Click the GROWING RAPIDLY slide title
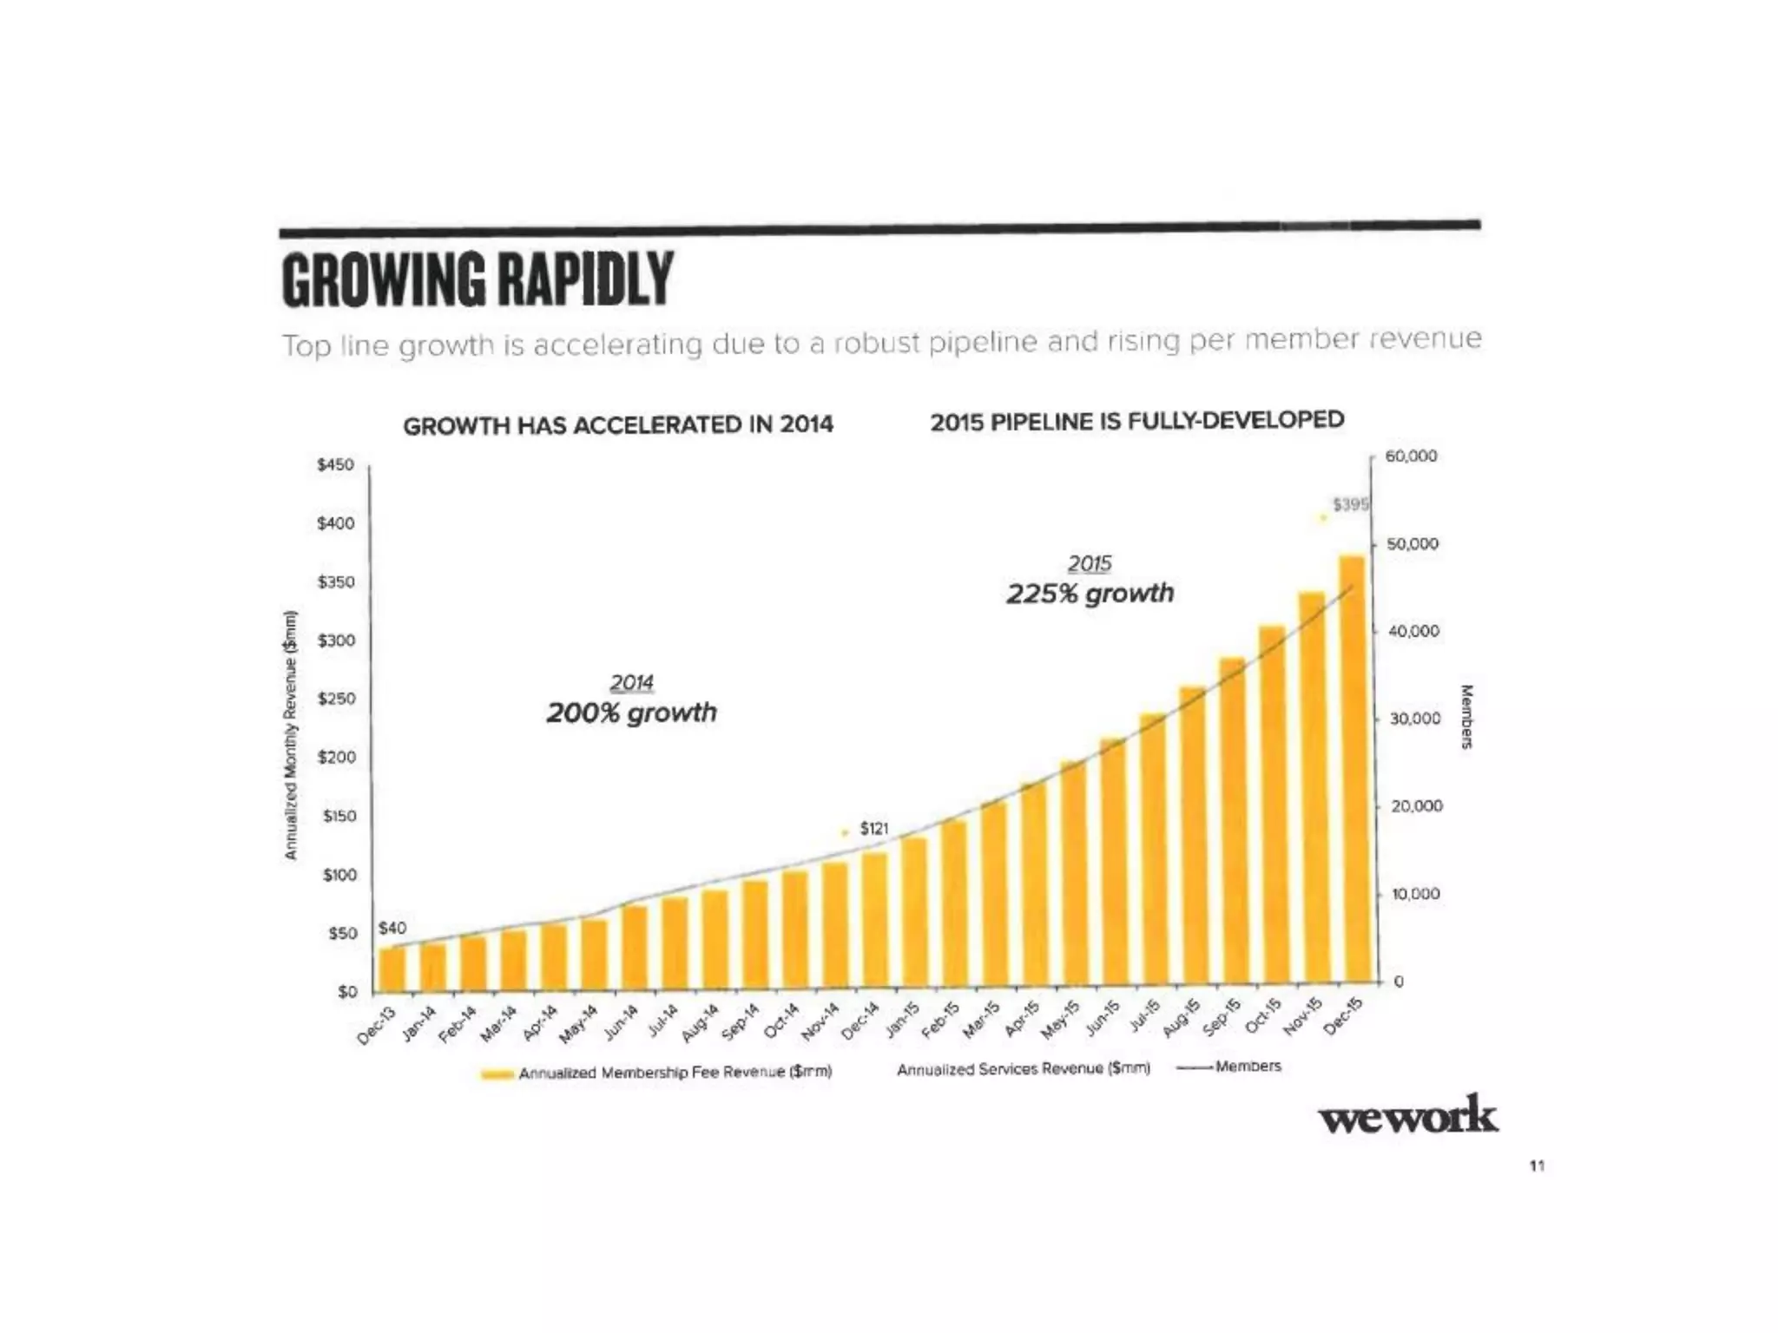[477, 279]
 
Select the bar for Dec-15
[1352, 772]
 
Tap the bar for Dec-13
[392, 969]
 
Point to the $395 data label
[1350, 505]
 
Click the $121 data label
[874, 829]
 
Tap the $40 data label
[392, 928]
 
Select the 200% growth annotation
[631, 712]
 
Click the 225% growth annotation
[1090, 594]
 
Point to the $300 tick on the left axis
[336, 640]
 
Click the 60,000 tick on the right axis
[1411, 456]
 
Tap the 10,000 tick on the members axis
[1414, 894]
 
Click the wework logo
[1407, 1116]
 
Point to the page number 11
[1537, 1166]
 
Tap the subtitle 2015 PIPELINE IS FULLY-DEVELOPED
[1136, 421]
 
